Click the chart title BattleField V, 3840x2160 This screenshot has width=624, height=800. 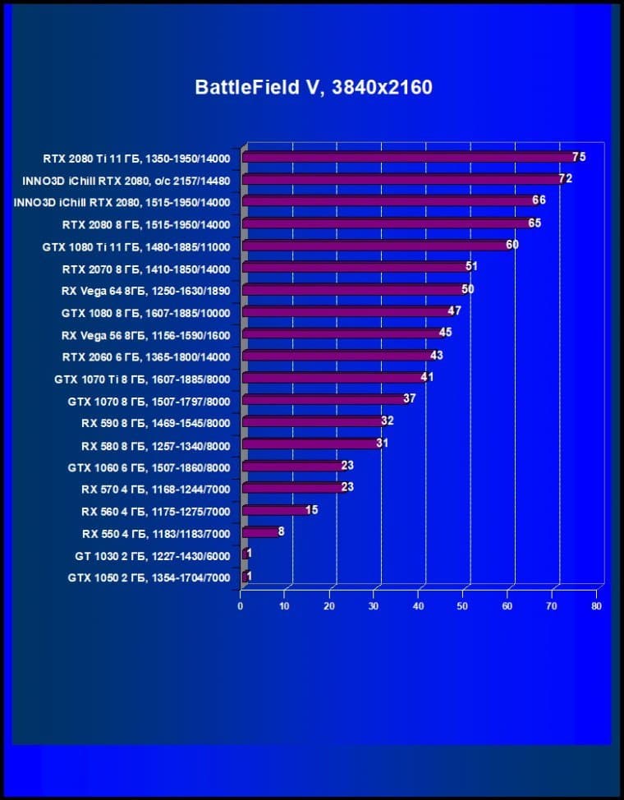pyautogui.click(x=313, y=87)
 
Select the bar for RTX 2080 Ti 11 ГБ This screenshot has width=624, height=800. pyautogui.click(x=411, y=157)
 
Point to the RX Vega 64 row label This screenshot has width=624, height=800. pyautogui.click(x=145, y=291)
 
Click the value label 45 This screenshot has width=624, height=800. pyautogui.click(x=445, y=333)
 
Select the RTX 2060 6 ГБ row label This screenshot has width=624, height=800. pyautogui.click(x=145, y=357)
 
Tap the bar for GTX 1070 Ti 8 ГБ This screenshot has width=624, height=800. pyautogui.click(x=333, y=378)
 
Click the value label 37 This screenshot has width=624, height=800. pyautogui.click(x=409, y=399)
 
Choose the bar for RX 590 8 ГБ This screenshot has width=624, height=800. pyautogui.click(x=312, y=421)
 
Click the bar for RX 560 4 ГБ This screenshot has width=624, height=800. pyautogui.click(x=274, y=510)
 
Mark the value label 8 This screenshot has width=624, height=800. pyautogui.click(x=282, y=531)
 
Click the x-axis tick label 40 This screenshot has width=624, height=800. pyautogui.click(x=419, y=606)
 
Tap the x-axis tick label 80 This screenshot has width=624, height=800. pyautogui.click(x=597, y=606)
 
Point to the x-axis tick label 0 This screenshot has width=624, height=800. pyautogui.click(x=241, y=606)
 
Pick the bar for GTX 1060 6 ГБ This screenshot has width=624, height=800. pyautogui.click(x=292, y=466)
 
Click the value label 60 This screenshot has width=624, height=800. pyautogui.click(x=512, y=245)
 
